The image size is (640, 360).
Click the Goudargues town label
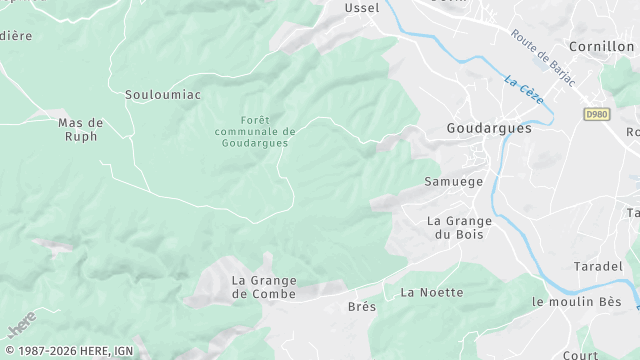click(x=488, y=129)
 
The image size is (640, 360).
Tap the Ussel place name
click(x=361, y=8)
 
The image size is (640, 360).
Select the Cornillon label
click(x=601, y=46)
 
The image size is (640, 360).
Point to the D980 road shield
click(x=597, y=115)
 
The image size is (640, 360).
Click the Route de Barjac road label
click(x=543, y=57)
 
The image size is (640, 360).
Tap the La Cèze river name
click(x=524, y=89)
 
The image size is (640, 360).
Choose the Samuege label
click(x=453, y=182)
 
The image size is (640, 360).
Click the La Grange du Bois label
click(x=459, y=227)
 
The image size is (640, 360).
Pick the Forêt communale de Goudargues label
click(x=254, y=131)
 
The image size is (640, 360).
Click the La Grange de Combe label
click(x=264, y=287)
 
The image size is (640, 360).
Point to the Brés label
click(x=362, y=306)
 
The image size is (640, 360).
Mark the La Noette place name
click(x=432, y=292)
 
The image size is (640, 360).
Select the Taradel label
click(x=598, y=266)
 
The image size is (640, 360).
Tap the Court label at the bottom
click(x=580, y=354)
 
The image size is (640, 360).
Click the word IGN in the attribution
click(x=122, y=351)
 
